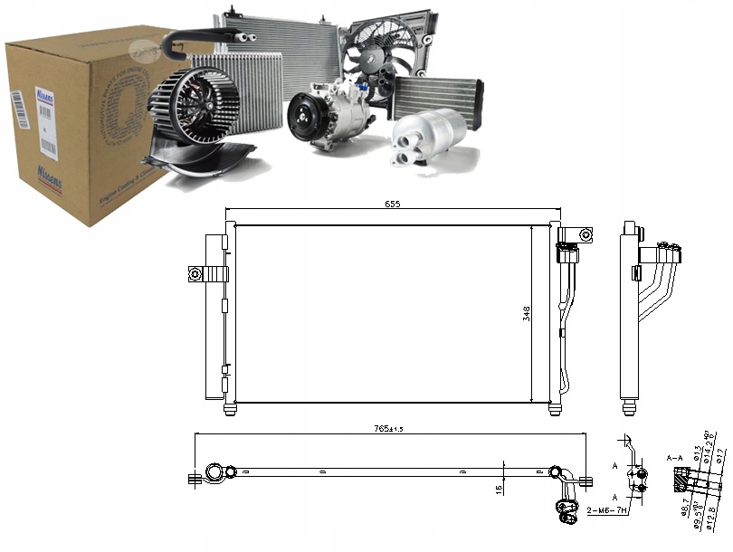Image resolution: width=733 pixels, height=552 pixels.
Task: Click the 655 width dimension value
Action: click(x=392, y=205)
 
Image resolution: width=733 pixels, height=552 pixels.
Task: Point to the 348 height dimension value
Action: click(x=526, y=314)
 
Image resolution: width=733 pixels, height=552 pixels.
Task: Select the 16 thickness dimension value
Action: click(x=498, y=489)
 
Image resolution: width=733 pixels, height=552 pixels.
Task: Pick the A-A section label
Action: click(x=674, y=459)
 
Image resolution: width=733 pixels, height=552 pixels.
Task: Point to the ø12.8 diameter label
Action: click(x=712, y=517)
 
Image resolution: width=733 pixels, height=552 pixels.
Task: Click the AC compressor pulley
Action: click(x=305, y=121)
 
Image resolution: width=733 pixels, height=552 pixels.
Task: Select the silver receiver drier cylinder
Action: click(x=431, y=136)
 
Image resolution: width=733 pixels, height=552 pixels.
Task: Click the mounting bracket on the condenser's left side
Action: click(x=198, y=273)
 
